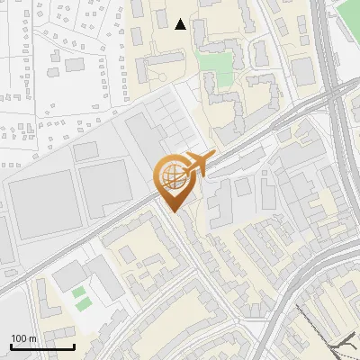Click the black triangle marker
[x=181, y=24]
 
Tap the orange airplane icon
[x=197, y=165]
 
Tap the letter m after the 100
[x=33, y=338]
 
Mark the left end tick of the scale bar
[x=11, y=346]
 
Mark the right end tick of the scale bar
[x=74, y=346]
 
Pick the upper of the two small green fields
[x=80, y=292]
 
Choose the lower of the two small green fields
[x=83, y=305]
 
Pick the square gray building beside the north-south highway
[x=302, y=71]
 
